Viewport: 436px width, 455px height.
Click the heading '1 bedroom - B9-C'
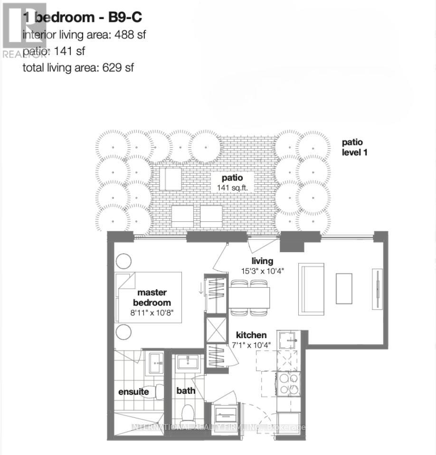tap(82, 18)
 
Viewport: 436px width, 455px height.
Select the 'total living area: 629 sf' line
tap(78, 67)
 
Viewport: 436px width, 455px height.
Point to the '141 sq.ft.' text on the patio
tap(232, 187)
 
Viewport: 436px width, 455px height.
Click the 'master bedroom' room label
tap(152, 298)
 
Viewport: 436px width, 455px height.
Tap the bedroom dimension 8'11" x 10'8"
tap(152, 313)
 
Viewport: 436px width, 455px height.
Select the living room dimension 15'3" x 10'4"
tap(262, 271)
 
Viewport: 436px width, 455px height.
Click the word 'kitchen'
tap(251, 335)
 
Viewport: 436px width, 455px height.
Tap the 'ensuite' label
tap(133, 392)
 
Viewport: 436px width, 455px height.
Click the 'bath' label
tap(186, 391)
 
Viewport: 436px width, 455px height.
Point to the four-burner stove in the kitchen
tap(289, 384)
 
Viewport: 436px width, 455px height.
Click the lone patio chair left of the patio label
tap(170, 178)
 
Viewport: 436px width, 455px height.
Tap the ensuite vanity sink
tap(154, 364)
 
